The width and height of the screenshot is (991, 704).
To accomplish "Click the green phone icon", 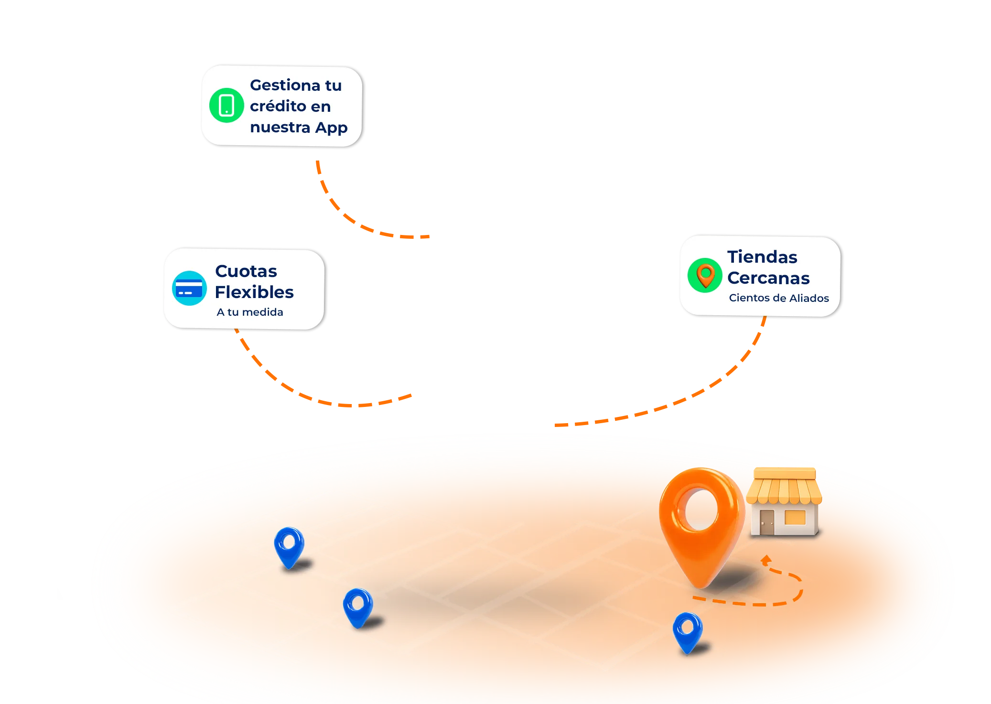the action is click(x=226, y=106).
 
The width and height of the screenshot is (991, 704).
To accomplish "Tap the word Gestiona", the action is click(x=285, y=85).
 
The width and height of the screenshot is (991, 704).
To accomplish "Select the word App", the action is click(x=332, y=128).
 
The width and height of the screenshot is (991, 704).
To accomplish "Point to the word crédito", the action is click(x=278, y=106).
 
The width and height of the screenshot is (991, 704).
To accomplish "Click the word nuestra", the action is click(x=280, y=128).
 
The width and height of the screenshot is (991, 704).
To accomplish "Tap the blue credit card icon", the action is click(x=189, y=288).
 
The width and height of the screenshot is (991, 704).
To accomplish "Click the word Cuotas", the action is click(x=246, y=271).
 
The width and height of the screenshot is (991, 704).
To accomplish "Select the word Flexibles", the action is click(x=254, y=292).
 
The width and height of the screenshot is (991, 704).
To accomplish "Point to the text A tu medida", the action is click(x=250, y=312).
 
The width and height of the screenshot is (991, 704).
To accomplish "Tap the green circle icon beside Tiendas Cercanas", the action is click(x=705, y=276).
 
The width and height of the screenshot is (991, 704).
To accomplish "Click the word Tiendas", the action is click(x=763, y=257).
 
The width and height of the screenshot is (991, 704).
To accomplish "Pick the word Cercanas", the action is click(x=769, y=278).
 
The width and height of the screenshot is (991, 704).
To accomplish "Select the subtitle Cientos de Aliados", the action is click(x=779, y=298).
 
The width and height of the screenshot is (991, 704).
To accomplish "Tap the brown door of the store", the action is click(x=766, y=522).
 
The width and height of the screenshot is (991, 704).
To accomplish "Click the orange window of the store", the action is click(x=795, y=517).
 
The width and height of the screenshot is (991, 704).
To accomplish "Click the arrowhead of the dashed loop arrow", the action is click(x=766, y=560).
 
